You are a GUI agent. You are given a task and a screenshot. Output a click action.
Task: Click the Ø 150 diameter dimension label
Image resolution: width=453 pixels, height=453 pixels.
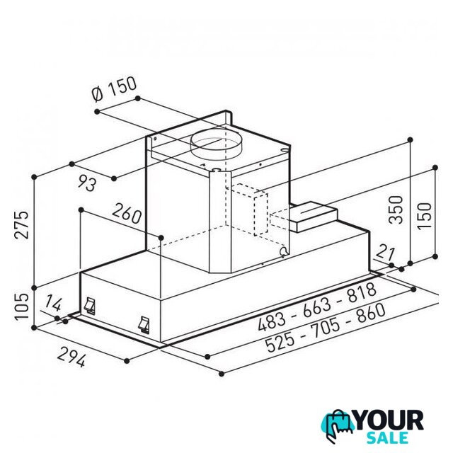(113, 88)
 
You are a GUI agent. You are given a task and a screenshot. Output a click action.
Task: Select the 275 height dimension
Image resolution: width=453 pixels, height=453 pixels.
(22, 224)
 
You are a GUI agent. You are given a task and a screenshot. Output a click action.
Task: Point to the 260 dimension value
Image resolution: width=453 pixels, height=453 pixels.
(127, 213)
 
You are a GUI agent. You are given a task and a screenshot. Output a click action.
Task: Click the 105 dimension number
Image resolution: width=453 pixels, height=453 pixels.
(22, 306)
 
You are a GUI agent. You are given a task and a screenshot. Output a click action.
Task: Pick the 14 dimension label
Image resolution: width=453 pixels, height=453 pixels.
(53, 303)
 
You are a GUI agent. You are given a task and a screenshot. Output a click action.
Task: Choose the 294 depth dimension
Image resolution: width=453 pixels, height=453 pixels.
(71, 357)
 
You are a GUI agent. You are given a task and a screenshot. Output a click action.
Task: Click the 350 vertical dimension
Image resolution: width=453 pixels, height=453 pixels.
(396, 210)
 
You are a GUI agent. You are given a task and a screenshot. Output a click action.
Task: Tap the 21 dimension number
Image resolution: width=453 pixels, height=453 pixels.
(385, 252)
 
